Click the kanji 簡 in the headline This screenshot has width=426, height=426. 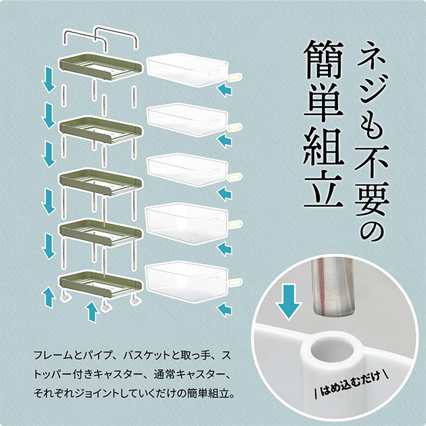click(x=324, y=60)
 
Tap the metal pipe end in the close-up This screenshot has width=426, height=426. click(x=332, y=287)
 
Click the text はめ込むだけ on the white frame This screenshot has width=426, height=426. click(x=350, y=384)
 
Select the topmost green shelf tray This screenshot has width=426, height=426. click(x=101, y=67)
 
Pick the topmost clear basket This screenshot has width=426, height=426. click(x=187, y=70)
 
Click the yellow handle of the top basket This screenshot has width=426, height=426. click(x=235, y=77)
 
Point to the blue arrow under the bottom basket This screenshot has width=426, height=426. click(x=224, y=310)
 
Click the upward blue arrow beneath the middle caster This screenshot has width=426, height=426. click(x=93, y=312)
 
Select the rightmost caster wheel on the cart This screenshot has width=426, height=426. click(x=135, y=301)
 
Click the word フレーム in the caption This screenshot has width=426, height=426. click(x=53, y=356)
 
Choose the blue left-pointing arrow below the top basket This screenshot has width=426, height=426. click(x=224, y=90)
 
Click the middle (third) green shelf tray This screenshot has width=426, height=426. click(x=101, y=181)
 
